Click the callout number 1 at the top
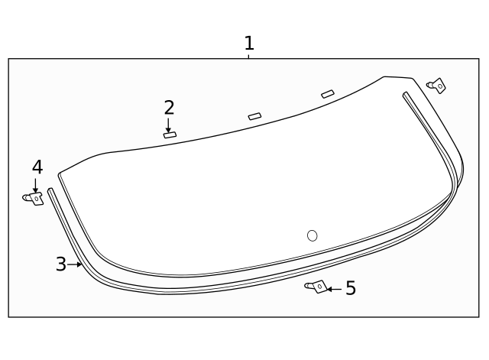[x=248, y=43]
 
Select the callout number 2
[x=169, y=107]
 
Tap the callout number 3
[x=61, y=264]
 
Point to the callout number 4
[x=37, y=167]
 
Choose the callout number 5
[x=350, y=288]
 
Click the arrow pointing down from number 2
[x=169, y=125]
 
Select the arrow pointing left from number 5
[x=334, y=289]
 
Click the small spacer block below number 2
[x=170, y=135]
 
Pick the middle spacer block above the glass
[x=254, y=116]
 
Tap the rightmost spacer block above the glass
[x=328, y=94]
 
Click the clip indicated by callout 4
[x=34, y=199]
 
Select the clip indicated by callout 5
[x=316, y=287]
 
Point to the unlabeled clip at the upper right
[x=437, y=86]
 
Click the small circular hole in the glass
[x=312, y=235]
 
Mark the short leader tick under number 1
[x=248, y=56]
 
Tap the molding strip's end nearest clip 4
[x=50, y=191]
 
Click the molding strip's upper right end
[x=406, y=95]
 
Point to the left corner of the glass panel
[x=60, y=175]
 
